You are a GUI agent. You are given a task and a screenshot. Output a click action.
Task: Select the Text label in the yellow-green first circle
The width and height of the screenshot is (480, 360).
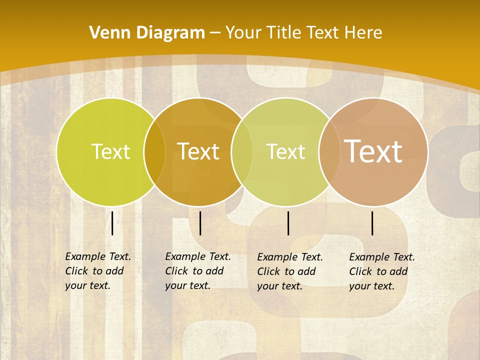point(110,151)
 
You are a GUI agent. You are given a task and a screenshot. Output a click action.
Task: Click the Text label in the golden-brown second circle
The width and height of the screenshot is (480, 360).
point(198,151)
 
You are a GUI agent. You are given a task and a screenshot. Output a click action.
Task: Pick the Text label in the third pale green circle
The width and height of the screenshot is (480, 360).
point(286,151)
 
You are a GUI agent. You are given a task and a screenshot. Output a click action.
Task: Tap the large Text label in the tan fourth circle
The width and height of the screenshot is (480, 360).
point(373,151)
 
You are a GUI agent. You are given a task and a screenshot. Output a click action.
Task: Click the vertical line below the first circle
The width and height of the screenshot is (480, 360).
point(112,223)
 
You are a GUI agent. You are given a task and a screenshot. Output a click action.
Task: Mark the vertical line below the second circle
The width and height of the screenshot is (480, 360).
point(200,223)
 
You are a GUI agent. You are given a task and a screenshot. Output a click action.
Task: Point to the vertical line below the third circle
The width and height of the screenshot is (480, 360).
point(288,223)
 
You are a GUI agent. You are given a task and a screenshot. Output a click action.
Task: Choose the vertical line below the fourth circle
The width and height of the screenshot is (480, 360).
point(372,223)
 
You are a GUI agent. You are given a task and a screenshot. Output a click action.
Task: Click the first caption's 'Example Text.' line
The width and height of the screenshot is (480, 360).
point(98,256)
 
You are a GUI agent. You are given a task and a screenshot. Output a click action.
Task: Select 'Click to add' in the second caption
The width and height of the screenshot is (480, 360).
point(194,271)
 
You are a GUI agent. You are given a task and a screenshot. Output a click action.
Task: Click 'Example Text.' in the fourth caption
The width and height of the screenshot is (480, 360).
point(382,257)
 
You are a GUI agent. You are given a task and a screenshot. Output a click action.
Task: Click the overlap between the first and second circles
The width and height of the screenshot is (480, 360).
point(154,151)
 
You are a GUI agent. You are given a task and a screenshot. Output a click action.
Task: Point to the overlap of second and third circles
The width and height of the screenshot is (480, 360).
point(242,151)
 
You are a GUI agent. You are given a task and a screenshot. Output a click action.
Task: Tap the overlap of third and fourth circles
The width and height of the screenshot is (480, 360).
point(329,151)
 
